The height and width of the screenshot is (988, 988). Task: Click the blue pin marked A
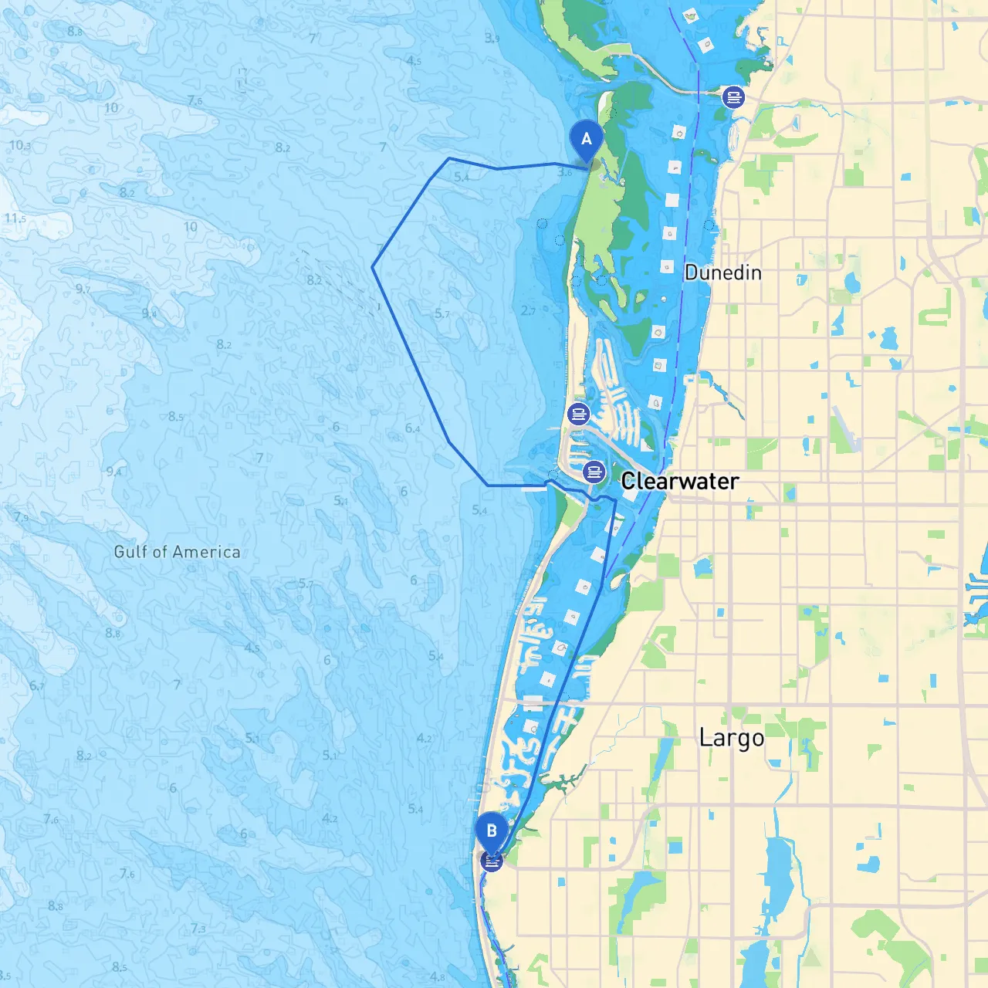586,140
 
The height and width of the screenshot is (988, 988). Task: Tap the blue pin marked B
491,832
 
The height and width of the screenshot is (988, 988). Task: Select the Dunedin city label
722,272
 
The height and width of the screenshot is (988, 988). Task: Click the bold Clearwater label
680,481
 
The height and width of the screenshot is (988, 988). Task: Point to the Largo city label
731,737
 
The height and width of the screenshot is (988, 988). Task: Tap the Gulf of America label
177,552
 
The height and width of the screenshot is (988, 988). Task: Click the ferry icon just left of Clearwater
594,471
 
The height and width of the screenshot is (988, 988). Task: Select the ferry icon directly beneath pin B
492,860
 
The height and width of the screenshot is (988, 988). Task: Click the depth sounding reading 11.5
15,218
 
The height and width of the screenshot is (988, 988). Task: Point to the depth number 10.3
20,145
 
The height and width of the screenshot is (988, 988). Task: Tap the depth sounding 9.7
83,289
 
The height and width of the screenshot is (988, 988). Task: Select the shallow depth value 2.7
529,311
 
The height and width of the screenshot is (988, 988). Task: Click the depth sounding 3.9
492,38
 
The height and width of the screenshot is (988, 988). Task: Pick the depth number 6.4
413,428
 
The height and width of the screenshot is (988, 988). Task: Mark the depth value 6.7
37,685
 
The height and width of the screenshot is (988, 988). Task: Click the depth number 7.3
198,929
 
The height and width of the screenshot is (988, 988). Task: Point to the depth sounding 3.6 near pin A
565,172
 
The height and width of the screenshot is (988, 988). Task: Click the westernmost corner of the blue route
373,268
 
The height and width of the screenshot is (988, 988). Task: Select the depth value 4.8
438,977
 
